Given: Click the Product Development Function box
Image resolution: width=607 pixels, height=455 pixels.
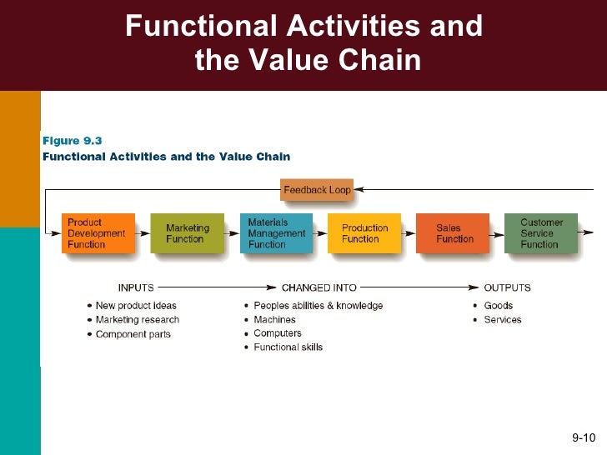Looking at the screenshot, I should [x=98, y=233].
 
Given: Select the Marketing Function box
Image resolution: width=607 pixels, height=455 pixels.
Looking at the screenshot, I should [x=187, y=233].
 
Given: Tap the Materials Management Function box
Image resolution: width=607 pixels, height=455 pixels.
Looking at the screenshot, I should [x=276, y=233].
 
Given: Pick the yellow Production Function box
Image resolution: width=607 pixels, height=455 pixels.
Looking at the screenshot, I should [x=364, y=233].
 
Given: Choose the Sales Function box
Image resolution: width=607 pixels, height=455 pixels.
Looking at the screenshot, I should [x=453, y=233].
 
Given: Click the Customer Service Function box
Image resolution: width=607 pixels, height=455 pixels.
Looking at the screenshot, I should [x=540, y=233].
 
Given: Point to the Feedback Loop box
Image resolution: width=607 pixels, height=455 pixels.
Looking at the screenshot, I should [x=317, y=190].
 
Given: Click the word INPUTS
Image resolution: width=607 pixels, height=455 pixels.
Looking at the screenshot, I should [x=136, y=288].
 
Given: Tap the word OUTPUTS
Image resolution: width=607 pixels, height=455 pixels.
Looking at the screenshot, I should [x=507, y=288].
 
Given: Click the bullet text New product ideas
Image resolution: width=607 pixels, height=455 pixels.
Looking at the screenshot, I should [x=136, y=306].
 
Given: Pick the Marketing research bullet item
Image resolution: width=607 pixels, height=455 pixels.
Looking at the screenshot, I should [x=137, y=320].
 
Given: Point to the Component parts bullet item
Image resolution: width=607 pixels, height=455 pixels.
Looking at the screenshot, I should [x=133, y=334].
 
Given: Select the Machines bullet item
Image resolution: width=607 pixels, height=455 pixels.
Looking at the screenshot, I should [x=274, y=320].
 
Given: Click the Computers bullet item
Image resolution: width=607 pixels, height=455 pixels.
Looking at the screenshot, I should [x=278, y=333].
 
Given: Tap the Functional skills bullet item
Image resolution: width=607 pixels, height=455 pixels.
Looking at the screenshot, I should [x=288, y=347].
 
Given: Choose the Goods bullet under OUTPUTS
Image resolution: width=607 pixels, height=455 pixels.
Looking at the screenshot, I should [x=498, y=306].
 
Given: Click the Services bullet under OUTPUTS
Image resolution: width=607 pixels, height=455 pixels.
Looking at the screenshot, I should [x=502, y=320].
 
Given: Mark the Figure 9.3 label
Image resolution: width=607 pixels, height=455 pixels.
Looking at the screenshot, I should [x=72, y=141].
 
